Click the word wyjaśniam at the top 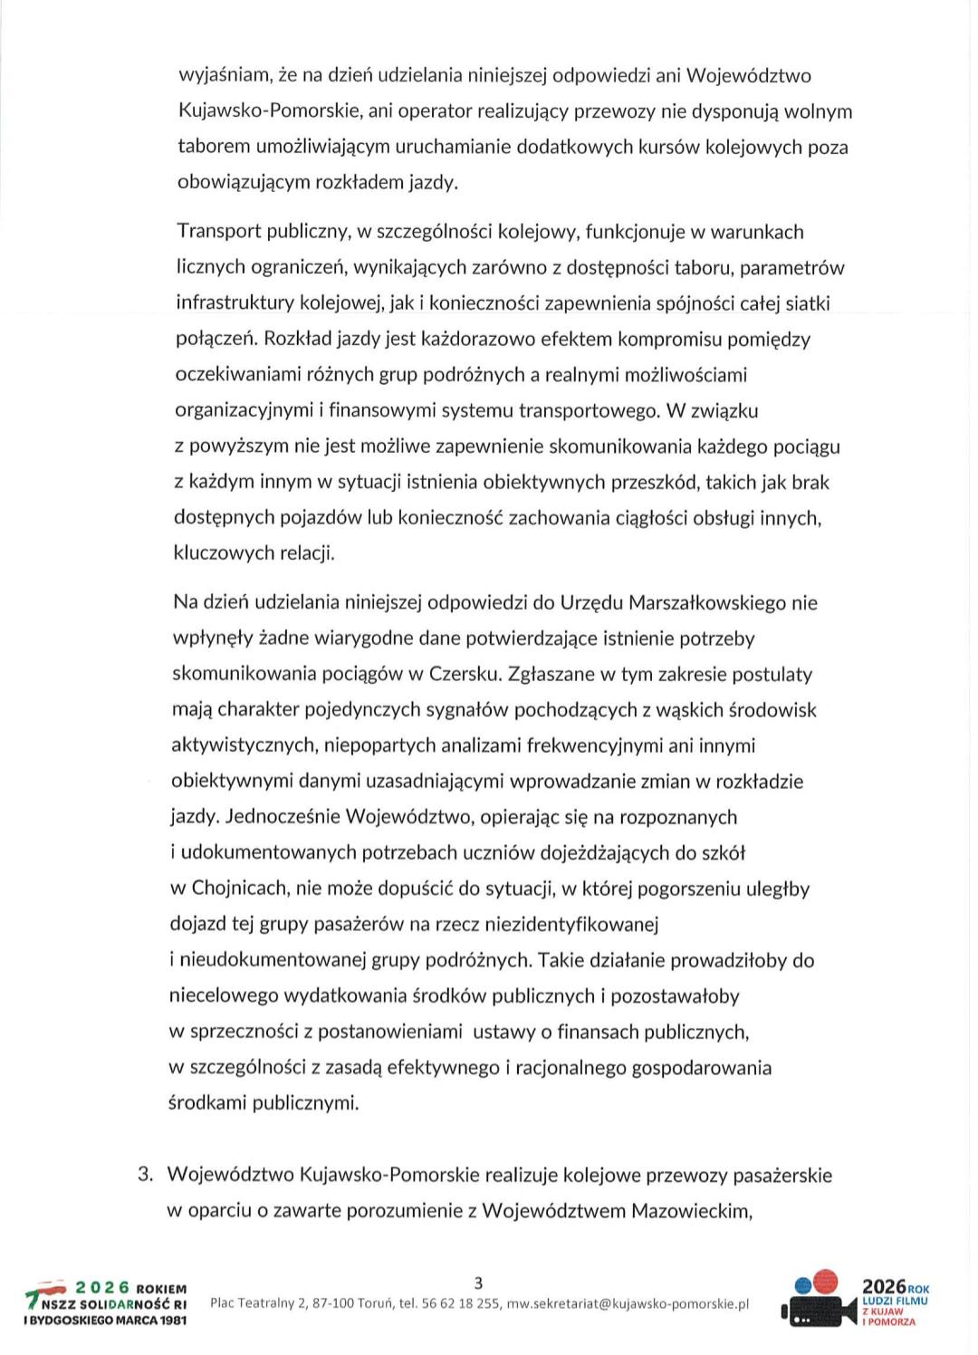click(217, 76)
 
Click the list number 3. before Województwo click(144, 1176)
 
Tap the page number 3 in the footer click(479, 1282)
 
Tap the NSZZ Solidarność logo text click(113, 1304)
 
